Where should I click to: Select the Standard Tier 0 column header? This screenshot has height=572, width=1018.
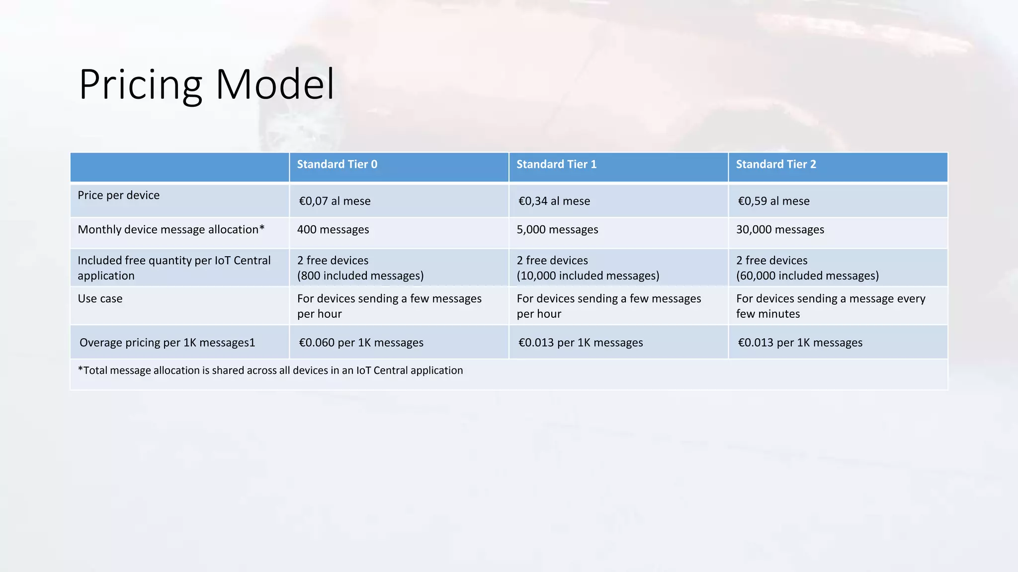[x=337, y=164]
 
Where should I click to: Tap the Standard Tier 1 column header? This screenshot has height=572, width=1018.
[x=556, y=164]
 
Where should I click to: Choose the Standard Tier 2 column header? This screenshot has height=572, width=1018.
[x=776, y=164]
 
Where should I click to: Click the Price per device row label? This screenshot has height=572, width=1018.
[x=118, y=195]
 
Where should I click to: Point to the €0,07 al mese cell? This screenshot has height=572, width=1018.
[x=335, y=201]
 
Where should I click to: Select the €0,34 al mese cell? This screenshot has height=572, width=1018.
[x=554, y=201]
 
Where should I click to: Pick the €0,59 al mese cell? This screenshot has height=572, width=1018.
[x=773, y=201]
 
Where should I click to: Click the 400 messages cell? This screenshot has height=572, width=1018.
[x=333, y=229]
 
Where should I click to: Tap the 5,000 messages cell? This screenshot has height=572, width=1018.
[x=557, y=229]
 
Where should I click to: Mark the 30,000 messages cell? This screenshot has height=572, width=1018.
[x=780, y=229]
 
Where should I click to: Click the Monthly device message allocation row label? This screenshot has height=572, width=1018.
[x=171, y=229]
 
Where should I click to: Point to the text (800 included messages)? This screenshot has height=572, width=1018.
[x=360, y=276]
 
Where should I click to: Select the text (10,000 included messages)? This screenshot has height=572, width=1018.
[x=588, y=276]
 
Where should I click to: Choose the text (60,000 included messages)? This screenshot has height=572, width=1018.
[x=807, y=276]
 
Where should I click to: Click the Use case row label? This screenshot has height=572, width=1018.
[x=100, y=298]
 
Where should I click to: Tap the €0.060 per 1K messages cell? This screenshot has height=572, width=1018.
[x=361, y=343]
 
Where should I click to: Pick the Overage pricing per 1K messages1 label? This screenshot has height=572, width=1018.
[x=167, y=343]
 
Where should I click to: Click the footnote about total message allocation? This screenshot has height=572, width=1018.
[x=270, y=370]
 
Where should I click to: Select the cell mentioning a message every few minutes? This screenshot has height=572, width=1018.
[x=831, y=306]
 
